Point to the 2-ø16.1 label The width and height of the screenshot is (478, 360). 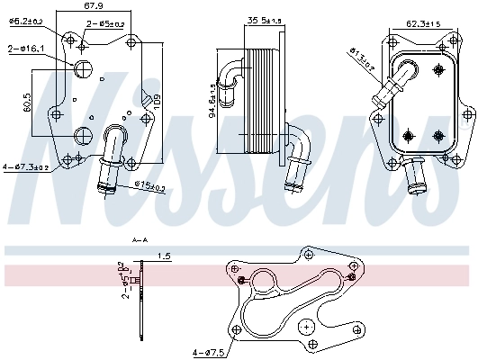click(x=26, y=49)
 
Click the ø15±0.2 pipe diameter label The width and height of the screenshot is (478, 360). click(x=149, y=186)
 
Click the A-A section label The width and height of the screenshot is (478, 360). click(x=140, y=241)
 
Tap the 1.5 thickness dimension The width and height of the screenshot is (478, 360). click(x=163, y=256)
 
